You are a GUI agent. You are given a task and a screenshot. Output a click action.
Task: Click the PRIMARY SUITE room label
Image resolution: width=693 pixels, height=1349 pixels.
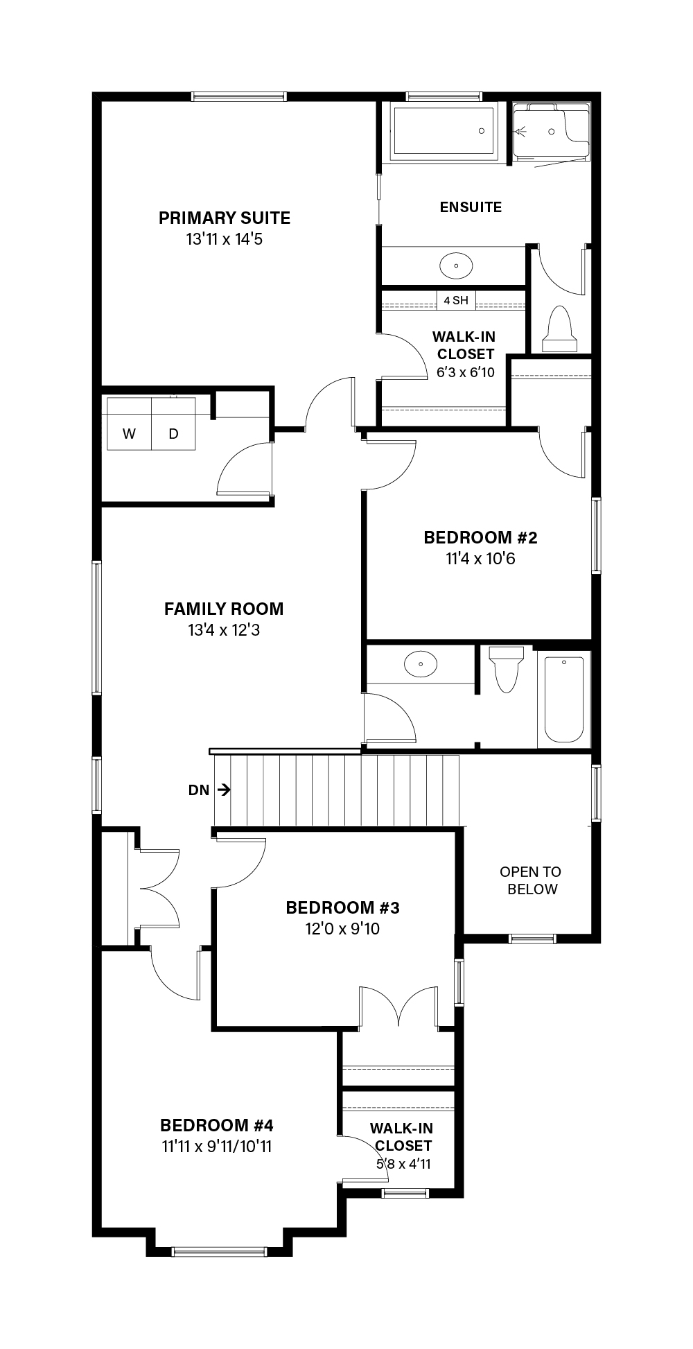[225, 218]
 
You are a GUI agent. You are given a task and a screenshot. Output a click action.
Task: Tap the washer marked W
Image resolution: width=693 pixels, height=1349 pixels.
[129, 424]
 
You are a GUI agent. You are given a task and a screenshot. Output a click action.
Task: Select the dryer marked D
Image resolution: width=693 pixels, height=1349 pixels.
[174, 424]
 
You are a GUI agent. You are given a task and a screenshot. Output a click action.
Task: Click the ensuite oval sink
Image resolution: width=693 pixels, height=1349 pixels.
[456, 265]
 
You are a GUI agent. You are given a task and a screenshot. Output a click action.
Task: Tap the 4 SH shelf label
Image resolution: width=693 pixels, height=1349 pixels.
[456, 300]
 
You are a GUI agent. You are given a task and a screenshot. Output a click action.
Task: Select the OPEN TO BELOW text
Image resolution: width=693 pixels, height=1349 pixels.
[531, 880]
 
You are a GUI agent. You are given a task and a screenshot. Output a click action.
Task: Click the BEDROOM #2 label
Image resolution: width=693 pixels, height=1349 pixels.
[481, 538]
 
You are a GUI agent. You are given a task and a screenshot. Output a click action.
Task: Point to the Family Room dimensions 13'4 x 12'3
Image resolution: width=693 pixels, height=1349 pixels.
[224, 631]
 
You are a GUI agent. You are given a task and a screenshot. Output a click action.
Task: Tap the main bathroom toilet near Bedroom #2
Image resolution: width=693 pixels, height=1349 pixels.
[506, 668]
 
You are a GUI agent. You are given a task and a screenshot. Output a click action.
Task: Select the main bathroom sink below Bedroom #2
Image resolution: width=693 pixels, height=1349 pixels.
[421, 664]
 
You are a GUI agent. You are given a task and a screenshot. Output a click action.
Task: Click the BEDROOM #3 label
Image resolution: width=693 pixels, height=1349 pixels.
[343, 908]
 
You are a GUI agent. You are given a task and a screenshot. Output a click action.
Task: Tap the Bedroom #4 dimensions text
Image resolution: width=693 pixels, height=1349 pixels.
[217, 1147]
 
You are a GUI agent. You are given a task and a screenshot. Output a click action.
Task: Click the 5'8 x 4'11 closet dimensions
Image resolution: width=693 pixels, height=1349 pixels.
[403, 1164]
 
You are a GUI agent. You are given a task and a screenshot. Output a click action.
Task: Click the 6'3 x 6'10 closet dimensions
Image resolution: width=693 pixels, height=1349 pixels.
[466, 372]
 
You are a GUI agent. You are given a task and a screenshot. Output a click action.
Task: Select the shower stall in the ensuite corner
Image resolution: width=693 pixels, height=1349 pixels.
[552, 132]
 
